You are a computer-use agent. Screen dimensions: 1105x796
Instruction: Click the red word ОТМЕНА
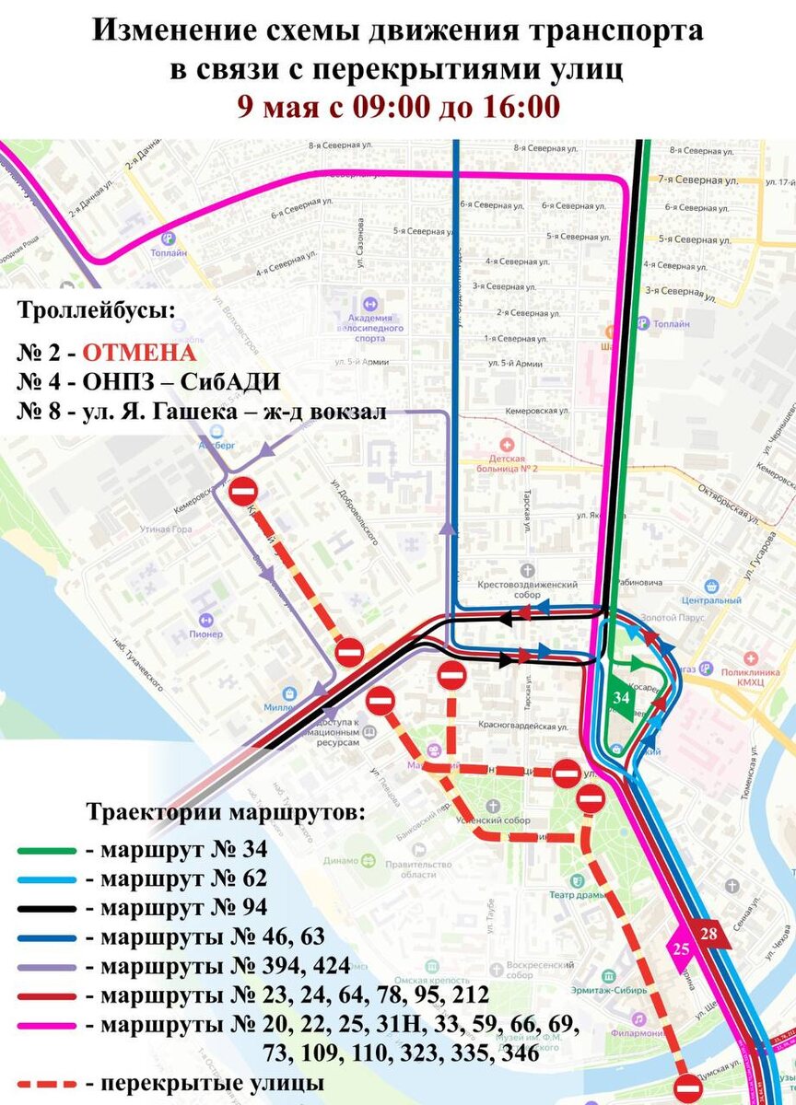point(139,354)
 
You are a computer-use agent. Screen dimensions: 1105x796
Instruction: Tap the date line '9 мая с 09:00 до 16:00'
point(398,106)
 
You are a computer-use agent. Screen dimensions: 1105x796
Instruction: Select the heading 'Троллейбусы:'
point(95,310)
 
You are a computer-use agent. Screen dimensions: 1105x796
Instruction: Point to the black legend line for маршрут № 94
point(45,908)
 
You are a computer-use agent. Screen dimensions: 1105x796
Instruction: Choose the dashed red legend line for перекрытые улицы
point(45,1083)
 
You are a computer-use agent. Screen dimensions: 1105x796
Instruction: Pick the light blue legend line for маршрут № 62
point(45,878)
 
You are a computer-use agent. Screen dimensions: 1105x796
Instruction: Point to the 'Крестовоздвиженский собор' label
point(528,588)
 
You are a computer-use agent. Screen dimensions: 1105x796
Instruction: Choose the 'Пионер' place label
point(205,634)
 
